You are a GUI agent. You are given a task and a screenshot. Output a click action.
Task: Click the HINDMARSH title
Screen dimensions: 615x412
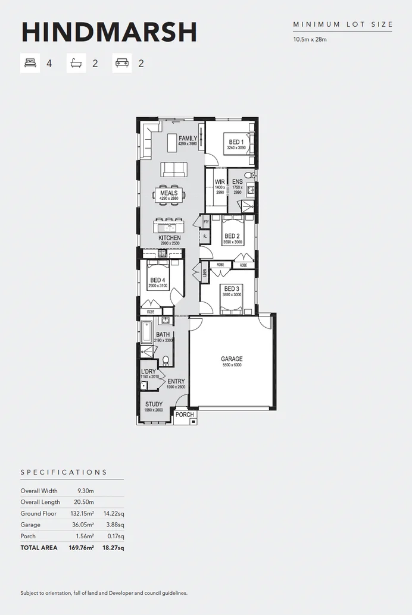[109, 32]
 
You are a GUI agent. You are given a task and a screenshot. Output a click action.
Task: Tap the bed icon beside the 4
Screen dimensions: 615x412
[30, 62]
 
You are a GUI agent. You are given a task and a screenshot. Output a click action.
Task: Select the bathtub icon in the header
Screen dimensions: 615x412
[76, 62]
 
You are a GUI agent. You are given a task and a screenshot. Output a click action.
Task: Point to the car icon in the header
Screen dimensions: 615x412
[121, 62]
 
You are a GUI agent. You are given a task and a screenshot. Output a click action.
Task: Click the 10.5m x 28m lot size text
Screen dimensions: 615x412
[310, 40]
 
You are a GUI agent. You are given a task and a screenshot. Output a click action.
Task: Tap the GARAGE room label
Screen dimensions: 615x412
[232, 359]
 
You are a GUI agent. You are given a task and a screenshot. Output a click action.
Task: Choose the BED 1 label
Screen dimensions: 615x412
[236, 142]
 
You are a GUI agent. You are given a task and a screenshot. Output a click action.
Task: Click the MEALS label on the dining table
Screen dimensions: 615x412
[168, 193]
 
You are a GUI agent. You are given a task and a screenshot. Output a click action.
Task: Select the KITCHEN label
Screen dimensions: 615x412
[169, 238]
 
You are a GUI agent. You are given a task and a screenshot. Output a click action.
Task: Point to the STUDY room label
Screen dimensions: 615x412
[154, 404]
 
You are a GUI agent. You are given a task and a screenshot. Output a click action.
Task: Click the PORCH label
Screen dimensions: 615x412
[185, 415]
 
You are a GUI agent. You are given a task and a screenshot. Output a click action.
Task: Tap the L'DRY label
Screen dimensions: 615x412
[148, 372]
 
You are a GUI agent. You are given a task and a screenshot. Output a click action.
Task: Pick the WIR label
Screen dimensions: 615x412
[220, 182]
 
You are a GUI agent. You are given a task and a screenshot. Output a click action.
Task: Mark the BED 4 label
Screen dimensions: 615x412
[157, 281]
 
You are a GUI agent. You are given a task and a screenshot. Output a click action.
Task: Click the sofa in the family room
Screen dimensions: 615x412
[174, 169]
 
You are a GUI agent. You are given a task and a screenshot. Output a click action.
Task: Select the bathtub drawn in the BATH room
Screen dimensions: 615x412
[146, 332]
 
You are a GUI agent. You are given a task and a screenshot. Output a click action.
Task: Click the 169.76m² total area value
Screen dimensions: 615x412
[82, 548]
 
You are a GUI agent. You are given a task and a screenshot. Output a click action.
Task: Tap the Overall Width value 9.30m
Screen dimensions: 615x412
[86, 491]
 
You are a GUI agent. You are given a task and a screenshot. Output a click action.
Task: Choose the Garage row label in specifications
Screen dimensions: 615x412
[30, 525]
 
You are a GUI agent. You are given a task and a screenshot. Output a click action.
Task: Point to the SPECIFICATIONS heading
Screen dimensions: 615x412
[64, 472]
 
